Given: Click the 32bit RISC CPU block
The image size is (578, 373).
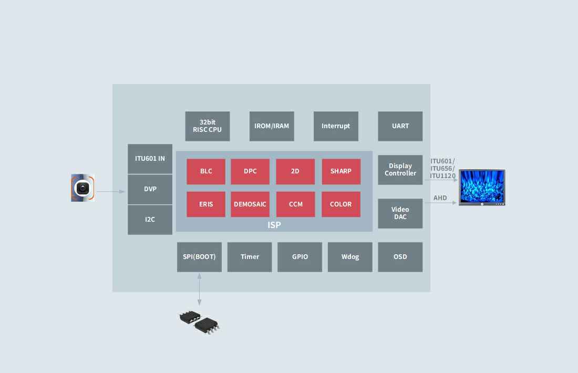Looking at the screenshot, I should pos(208,126).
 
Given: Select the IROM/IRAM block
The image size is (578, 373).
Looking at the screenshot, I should pos(272,126).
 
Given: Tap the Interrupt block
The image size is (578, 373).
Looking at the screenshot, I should pos(336,126).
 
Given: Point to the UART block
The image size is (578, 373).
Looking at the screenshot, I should pos(400,126).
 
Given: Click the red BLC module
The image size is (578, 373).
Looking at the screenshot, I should pos(206,171).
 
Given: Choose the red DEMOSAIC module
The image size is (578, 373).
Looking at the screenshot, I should pos(250,204).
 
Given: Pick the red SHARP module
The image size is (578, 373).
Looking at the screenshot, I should pos(341,171).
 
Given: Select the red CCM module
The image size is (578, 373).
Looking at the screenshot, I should pos(296,204).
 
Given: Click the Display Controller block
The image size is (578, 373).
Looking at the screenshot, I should pos(400,170).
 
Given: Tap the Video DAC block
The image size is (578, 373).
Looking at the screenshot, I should pos(400,213).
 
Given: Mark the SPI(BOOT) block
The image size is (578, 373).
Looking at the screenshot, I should pos(199,257).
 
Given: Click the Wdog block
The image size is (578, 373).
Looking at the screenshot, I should pos(350,257).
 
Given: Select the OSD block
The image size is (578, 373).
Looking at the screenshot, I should pos(400,257).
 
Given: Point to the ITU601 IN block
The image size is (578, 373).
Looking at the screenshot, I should pos(150,158).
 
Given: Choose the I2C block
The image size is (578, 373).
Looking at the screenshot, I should pos(150,220).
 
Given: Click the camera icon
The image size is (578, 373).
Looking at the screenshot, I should pos(83,188).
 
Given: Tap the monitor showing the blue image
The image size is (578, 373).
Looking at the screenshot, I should pos(482,187).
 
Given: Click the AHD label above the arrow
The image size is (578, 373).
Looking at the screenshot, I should pos(440,198).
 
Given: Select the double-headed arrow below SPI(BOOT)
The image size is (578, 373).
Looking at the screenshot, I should pos(199,288).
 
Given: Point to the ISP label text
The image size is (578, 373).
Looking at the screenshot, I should pos(274,225).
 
